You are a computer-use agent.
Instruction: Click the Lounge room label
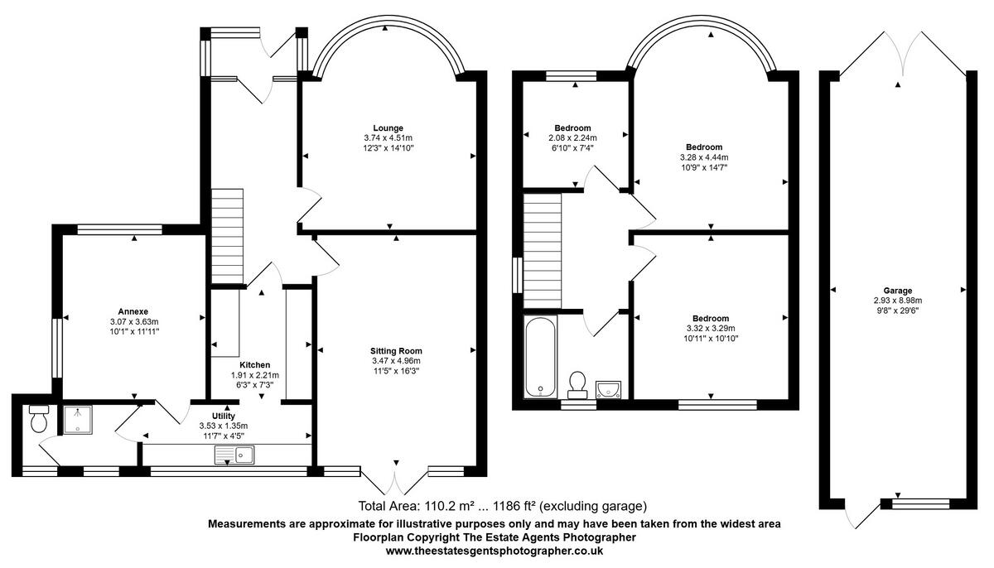(388, 128)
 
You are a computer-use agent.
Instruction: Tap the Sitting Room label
(396, 351)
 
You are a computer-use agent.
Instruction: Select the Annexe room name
(133, 311)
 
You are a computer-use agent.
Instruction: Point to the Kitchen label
(255, 365)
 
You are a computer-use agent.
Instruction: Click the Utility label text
(223, 416)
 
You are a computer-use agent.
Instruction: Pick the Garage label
(898, 291)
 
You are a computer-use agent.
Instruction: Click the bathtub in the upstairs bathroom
(540, 357)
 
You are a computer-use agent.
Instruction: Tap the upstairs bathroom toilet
(577, 385)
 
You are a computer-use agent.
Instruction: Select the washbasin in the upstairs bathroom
(608, 390)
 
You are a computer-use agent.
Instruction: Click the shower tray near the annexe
(78, 420)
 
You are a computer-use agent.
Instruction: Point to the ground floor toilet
(39, 418)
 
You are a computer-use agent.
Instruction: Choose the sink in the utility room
(234, 455)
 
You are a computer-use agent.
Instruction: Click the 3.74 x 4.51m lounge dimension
(388, 138)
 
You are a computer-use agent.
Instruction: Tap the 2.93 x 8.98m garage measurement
(898, 301)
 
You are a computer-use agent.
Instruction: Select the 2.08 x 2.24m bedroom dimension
(572, 138)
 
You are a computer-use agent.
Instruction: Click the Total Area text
(502, 506)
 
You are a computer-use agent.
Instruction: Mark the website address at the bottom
(495, 551)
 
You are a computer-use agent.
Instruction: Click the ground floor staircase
(227, 236)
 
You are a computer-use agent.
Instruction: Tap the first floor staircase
(543, 251)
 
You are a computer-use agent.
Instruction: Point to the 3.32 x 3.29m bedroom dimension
(711, 329)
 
